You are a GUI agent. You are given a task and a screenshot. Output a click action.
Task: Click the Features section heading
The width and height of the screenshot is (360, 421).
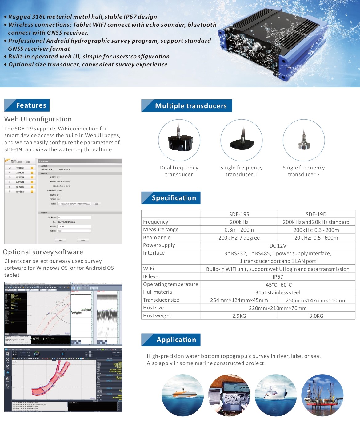pyautogui.click(x=31, y=105)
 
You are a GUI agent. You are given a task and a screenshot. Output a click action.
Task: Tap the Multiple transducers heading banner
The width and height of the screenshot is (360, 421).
pyautogui.click(x=190, y=106)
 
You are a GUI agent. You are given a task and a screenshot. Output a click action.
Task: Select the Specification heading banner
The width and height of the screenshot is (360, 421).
pyautogui.click(x=174, y=198)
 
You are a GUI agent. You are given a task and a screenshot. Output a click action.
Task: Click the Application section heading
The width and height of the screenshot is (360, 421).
pyautogui.click(x=176, y=340)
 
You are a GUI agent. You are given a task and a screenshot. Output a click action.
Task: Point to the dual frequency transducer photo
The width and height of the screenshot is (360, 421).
pyautogui.click(x=179, y=140)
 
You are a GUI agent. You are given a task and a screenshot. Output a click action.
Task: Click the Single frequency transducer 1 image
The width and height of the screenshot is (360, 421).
pyautogui.click(x=242, y=140)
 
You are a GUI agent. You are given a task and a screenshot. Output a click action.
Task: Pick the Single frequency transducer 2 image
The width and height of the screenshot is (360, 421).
pyautogui.click(x=304, y=140)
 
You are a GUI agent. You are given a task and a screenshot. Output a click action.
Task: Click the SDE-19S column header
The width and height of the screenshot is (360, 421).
pyautogui.click(x=239, y=214)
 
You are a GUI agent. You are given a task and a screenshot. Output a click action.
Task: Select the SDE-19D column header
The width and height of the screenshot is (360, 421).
pyautogui.click(x=316, y=214)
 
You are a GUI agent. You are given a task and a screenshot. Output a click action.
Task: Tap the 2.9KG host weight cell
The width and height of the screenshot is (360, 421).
pyautogui.click(x=239, y=316)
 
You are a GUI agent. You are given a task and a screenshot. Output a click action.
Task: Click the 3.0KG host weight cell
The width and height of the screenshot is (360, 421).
pyautogui.click(x=316, y=316)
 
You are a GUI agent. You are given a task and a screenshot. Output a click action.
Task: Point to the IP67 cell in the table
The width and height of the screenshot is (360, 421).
pyautogui.click(x=278, y=277)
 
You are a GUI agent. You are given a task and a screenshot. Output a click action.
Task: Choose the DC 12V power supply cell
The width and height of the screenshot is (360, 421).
pyautogui.click(x=278, y=246)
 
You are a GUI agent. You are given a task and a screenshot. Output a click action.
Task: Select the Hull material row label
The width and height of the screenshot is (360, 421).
pyautogui.click(x=158, y=292)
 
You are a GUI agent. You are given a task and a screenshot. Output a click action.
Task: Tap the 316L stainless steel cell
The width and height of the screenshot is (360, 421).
pyautogui.click(x=278, y=292)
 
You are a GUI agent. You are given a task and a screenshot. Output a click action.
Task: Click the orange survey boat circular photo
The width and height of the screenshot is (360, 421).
pyautogui.click(x=182, y=395)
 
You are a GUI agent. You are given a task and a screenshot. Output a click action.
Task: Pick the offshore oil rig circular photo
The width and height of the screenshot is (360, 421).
pyautogui.click(x=322, y=395)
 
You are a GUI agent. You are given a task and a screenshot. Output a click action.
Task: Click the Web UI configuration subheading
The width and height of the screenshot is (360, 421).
pyautogui.click(x=38, y=119)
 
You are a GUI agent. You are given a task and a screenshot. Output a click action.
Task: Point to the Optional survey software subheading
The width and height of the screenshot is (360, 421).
pyautogui.click(x=43, y=252)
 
